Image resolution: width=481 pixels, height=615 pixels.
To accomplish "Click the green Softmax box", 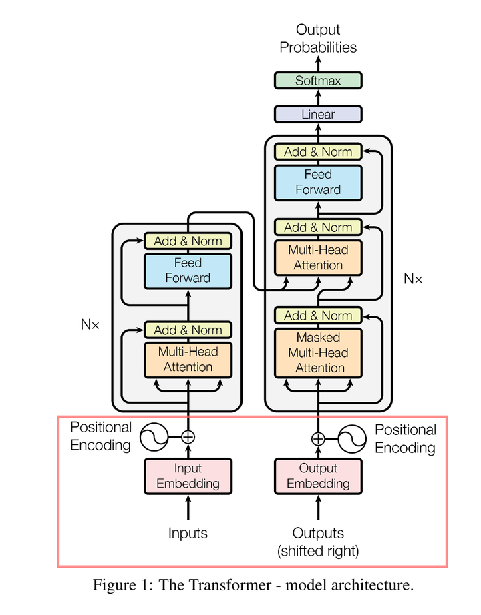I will tap(318, 81).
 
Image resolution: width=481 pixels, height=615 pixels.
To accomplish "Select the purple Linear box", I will tap(318, 114).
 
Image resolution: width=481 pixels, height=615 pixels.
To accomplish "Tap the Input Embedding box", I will tap(188, 476).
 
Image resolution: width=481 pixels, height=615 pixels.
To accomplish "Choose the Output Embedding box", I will tap(318, 476).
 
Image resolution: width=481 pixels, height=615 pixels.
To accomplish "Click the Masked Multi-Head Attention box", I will tap(318, 352).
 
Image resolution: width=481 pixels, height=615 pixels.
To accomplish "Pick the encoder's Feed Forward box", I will tap(188, 271).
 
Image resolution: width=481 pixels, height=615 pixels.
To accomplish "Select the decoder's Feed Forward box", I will tap(318, 182).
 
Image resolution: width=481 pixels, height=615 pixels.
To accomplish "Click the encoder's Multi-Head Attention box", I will tap(188, 358).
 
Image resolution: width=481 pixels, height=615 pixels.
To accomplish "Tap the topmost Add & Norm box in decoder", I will tap(318, 152).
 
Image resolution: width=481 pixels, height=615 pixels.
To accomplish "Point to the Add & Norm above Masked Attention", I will tap(318, 315).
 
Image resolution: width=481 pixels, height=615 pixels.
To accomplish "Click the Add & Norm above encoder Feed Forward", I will tap(188, 241).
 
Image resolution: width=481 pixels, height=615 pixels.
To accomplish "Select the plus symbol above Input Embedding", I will tap(188, 437).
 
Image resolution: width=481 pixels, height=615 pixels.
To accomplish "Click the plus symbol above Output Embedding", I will tap(318, 438).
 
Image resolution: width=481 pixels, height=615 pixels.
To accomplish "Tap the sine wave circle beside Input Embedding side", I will tap(153, 437).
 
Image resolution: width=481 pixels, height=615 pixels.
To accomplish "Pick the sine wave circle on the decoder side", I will tap(352, 438).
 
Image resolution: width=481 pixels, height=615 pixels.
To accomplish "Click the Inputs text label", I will tap(188, 533).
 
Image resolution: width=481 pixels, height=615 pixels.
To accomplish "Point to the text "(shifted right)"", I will tap(318, 551).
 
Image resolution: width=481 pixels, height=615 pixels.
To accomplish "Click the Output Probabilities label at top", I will tap(318, 38).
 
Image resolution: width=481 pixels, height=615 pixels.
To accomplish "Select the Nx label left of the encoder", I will tap(90, 325).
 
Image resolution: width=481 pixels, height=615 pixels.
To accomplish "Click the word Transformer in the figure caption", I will tap(223, 586).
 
